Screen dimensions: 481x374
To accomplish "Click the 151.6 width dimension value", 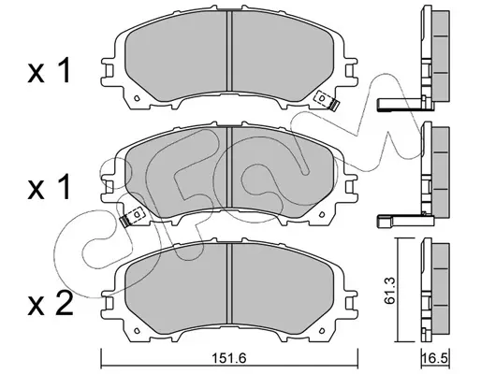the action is [229, 358].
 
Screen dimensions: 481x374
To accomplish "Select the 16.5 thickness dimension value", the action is [435, 358].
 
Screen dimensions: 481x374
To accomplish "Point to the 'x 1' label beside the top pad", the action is [50, 71].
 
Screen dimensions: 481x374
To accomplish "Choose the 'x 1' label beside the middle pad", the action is [50, 186].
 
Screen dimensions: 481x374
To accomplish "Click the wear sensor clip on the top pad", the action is [327, 100].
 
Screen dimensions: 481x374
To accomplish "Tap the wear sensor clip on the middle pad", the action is [132, 217].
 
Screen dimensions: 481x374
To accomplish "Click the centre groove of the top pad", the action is [229, 50].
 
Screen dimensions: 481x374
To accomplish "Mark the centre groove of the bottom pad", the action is [229, 283].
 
